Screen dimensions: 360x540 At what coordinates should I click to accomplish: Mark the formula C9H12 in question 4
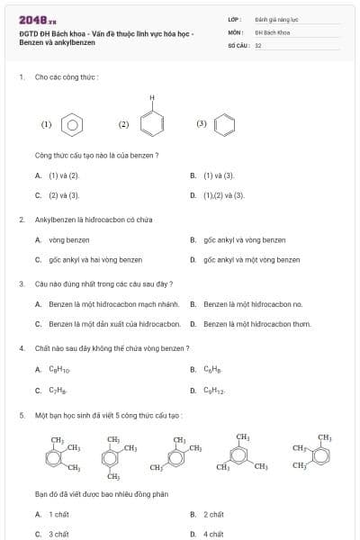(213, 391)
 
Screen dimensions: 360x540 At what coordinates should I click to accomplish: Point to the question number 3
(21, 283)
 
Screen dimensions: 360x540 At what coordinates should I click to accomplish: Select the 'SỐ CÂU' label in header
(238, 44)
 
